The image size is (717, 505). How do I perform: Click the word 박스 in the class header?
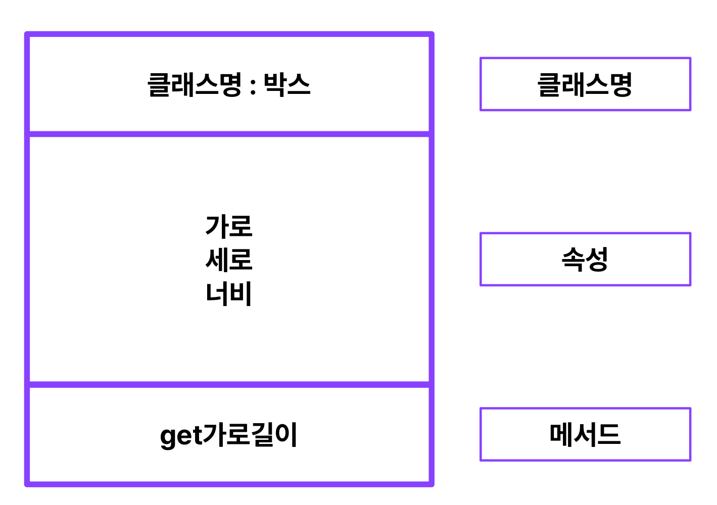pos(286,84)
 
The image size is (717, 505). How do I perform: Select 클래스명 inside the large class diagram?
pos(195,84)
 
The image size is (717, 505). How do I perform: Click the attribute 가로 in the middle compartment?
pos(228,226)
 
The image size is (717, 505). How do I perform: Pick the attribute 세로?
pos(228,260)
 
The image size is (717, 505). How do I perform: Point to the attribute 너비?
pos(228,293)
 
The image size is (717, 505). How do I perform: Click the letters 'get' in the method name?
pos(181,436)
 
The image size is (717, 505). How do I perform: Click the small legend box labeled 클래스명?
pos(585,84)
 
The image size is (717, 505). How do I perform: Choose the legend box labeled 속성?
pos(585,259)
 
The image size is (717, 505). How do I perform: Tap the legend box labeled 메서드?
pos(585,434)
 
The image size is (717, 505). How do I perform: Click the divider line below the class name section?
pos(229,134)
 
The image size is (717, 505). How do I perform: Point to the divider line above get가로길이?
pos(229,385)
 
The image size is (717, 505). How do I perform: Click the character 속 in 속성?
pos(573,259)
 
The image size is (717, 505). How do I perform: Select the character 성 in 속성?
pos(597,259)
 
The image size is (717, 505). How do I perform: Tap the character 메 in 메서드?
pos(561,434)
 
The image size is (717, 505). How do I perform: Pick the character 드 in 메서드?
pos(608,434)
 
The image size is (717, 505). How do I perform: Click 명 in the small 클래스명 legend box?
pos(620,84)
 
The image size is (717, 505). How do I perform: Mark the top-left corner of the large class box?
pos(27,34)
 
